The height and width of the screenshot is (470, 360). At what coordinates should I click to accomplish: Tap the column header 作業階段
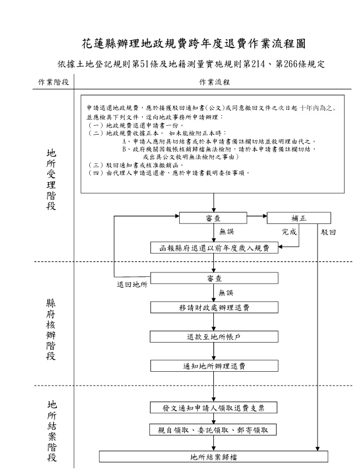coord(53,82)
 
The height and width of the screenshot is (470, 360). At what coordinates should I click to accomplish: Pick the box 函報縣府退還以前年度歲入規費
coord(213,248)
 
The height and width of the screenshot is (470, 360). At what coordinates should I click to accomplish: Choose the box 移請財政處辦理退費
coord(213,307)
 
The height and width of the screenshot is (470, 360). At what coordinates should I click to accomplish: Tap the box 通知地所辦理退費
coord(213,366)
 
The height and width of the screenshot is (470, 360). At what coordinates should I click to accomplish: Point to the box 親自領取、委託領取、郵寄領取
coord(213,429)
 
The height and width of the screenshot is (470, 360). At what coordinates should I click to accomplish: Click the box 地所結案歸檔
coord(213,457)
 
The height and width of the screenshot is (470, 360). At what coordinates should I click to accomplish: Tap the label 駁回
coord(329,232)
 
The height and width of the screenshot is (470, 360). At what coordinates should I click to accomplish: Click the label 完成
coord(289,232)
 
